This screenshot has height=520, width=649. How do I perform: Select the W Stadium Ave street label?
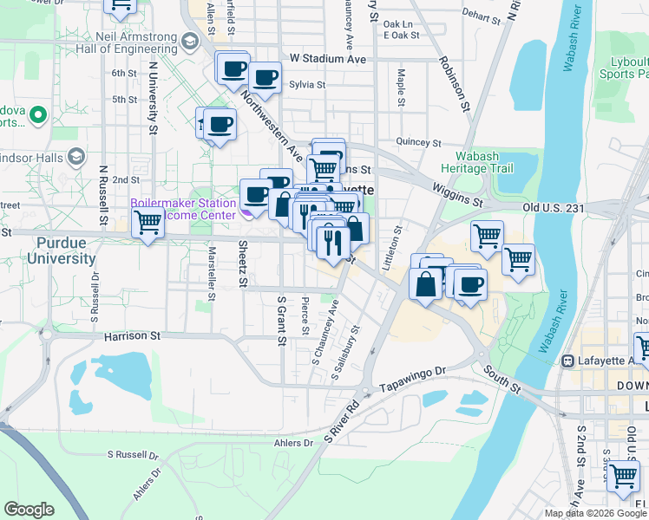[328, 59]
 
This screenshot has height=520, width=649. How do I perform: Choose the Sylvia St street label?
[306, 85]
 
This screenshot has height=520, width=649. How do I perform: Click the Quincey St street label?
[418, 142]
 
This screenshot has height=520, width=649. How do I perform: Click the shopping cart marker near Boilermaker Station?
[147, 223]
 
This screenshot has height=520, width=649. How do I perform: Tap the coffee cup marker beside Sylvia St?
[265, 78]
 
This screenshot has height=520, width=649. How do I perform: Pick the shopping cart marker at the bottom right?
[623, 475]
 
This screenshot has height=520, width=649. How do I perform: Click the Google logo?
[29, 510]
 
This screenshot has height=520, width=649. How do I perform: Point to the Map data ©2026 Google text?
[595, 513]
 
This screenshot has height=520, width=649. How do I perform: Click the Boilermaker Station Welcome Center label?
[182, 209]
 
